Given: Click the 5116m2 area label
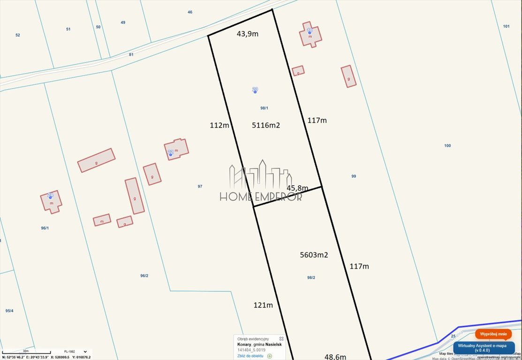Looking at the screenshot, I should click(266, 125).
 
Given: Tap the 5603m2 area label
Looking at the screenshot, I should click(314, 255).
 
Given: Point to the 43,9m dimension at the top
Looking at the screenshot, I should click(248, 34).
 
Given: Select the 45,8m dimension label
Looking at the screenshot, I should click(297, 188).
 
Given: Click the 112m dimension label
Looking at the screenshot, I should click(219, 125).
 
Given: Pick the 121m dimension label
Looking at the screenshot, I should click(263, 305).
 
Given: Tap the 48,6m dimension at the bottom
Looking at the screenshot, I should click(335, 356).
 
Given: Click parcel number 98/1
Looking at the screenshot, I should click(264, 108).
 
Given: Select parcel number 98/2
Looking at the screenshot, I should click(311, 277).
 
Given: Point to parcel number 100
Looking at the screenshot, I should click(447, 145).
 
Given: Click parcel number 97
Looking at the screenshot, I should click(200, 186).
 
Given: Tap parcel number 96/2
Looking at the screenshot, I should click(144, 276).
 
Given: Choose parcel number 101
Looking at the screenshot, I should click(506, 26).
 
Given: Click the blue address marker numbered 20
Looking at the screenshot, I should click(255, 90).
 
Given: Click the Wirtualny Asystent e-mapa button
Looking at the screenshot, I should click(484, 347).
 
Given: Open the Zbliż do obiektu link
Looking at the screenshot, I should click(250, 356).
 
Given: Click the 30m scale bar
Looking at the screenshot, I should click(26, 352).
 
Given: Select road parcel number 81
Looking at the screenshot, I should click(131, 54).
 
